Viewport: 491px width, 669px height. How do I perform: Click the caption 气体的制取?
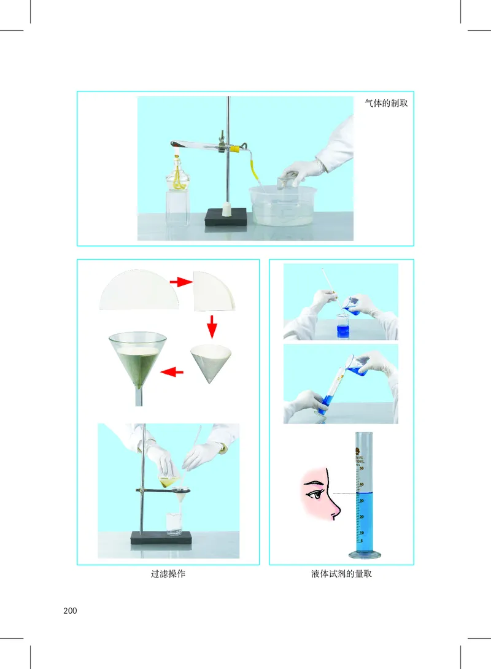[x=386, y=103]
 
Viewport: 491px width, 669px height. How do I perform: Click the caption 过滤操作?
[x=168, y=574]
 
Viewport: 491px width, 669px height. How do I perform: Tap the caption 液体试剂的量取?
[x=342, y=574]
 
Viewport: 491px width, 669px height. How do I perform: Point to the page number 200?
[x=70, y=611]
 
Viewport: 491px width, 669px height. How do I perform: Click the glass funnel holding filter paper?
[x=137, y=362]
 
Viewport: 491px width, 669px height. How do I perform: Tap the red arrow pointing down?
[x=212, y=327]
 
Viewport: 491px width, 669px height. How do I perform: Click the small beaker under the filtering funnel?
[x=174, y=524]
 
